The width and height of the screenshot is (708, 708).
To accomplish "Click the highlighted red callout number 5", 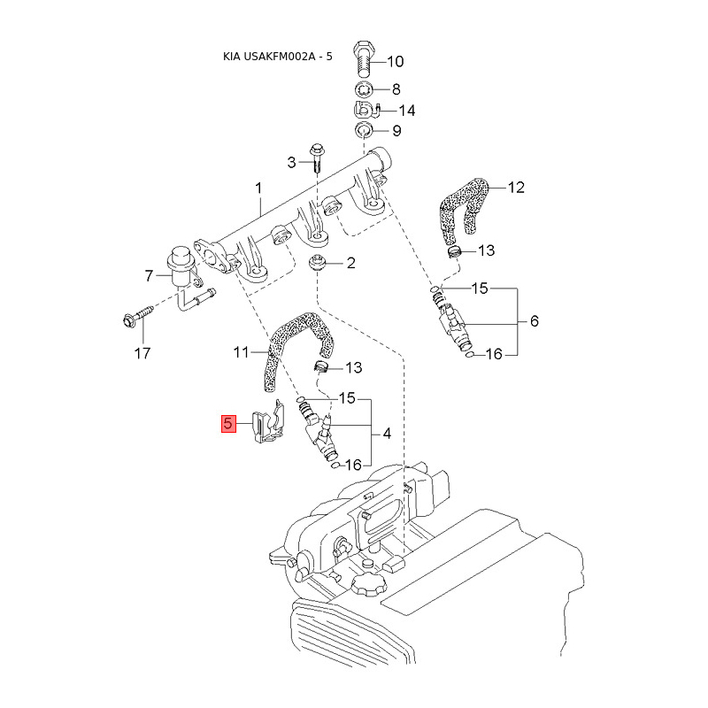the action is [x=229, y=424].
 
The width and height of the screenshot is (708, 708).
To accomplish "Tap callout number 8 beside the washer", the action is [x=396, y=89].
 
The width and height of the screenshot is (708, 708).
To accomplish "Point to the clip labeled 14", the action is [x=366, y=110].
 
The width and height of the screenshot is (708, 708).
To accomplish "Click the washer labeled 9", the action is [x=363, y=130].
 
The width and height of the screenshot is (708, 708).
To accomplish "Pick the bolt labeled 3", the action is [x=316, y=158].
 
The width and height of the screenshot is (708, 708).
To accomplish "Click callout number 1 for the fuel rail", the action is [x=258, y=188].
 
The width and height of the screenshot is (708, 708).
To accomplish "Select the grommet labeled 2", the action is [x=318, y=263].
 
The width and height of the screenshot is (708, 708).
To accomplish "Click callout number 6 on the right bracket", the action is [x=535, y=321].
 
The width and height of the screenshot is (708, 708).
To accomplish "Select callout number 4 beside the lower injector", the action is [x=387, y=434].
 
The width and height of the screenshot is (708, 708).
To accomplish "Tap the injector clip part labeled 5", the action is [x=269, y=422].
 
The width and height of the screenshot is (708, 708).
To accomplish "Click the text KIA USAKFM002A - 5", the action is [x=278, y=57].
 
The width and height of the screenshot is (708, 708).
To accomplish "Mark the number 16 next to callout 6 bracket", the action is [x=494, y=354].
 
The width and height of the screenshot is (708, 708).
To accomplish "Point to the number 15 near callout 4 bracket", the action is [x=347, y=397].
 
